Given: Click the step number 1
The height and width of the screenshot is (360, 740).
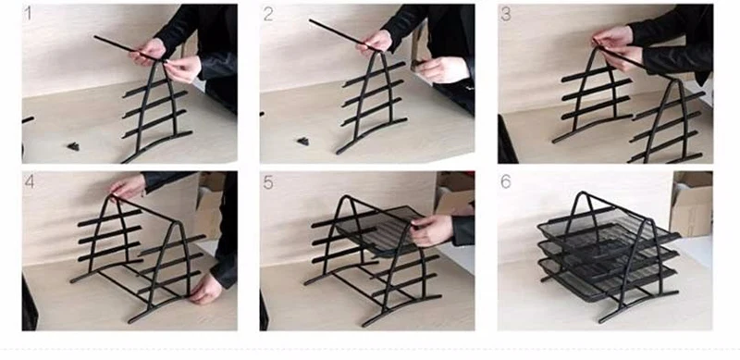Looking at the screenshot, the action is coord(28,13).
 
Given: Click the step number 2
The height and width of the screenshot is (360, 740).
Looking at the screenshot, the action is coord(268,14).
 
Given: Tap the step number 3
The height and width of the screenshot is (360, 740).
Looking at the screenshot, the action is coord(506,14).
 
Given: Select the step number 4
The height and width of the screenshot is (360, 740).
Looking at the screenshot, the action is coord(30,181).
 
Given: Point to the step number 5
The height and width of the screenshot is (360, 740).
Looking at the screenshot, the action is coord(268,182).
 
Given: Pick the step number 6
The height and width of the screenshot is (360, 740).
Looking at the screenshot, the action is coord(505,182).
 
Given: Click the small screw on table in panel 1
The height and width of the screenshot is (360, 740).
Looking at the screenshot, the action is coord(73,146).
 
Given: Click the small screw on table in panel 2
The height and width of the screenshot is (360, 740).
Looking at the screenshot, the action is coord(303,141).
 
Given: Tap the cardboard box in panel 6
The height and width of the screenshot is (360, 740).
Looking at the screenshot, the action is coord(691,204).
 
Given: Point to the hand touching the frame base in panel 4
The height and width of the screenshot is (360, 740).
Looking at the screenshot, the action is coord(206,288).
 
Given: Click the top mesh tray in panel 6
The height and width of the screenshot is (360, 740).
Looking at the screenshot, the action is coord(608,227).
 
